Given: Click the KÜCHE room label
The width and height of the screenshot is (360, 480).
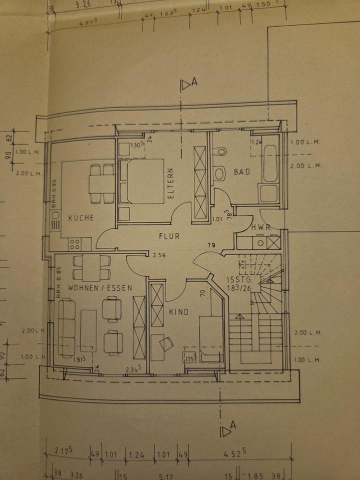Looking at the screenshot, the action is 81,218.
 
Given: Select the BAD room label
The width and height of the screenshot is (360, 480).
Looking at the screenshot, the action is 241,172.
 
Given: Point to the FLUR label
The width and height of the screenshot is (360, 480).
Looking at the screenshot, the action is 169,236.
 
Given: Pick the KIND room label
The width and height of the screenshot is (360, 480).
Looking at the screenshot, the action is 178,312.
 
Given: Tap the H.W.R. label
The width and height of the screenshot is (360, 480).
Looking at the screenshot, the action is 260,227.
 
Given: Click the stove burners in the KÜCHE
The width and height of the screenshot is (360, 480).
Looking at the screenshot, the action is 74,244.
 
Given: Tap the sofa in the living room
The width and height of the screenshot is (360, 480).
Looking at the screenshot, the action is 67,327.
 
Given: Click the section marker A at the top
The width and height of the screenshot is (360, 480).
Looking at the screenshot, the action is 188,84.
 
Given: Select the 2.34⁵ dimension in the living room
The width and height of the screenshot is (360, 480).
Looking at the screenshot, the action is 133,369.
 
